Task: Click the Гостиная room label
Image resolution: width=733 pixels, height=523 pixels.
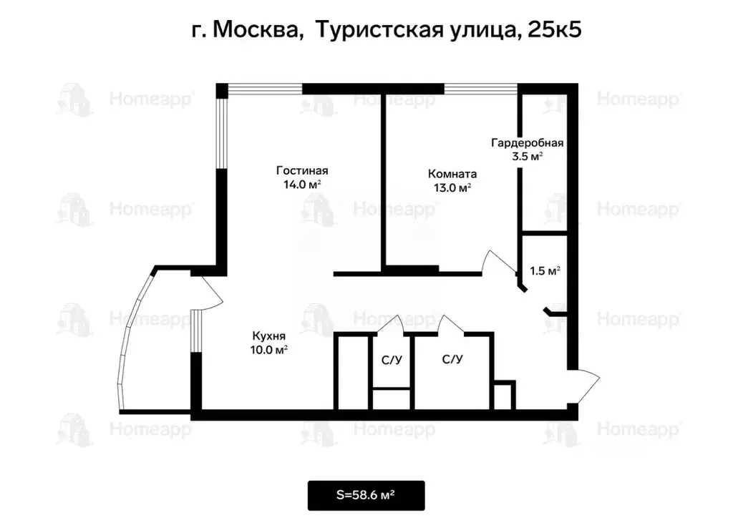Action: [x=302, y=170]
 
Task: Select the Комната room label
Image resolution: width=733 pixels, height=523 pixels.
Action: [x=452, y=174]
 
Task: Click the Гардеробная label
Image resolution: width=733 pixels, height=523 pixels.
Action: [x=527, y=142]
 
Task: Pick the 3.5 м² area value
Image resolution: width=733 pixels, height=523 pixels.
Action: [x=527, y=156]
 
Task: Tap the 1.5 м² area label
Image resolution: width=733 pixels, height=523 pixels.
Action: [x=545, y=271]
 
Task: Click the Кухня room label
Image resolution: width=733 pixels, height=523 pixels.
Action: [x=269, y=336]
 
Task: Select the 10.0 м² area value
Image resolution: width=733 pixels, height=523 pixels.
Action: [x=269, y=350]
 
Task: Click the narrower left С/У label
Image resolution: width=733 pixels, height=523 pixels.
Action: [x=391, y=360]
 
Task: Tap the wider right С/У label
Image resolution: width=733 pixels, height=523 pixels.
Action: [x=452, y=359]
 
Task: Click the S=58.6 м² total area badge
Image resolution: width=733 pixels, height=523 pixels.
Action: [x=366, y=495]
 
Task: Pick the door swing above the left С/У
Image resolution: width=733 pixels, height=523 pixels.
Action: [x=392, y=323]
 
